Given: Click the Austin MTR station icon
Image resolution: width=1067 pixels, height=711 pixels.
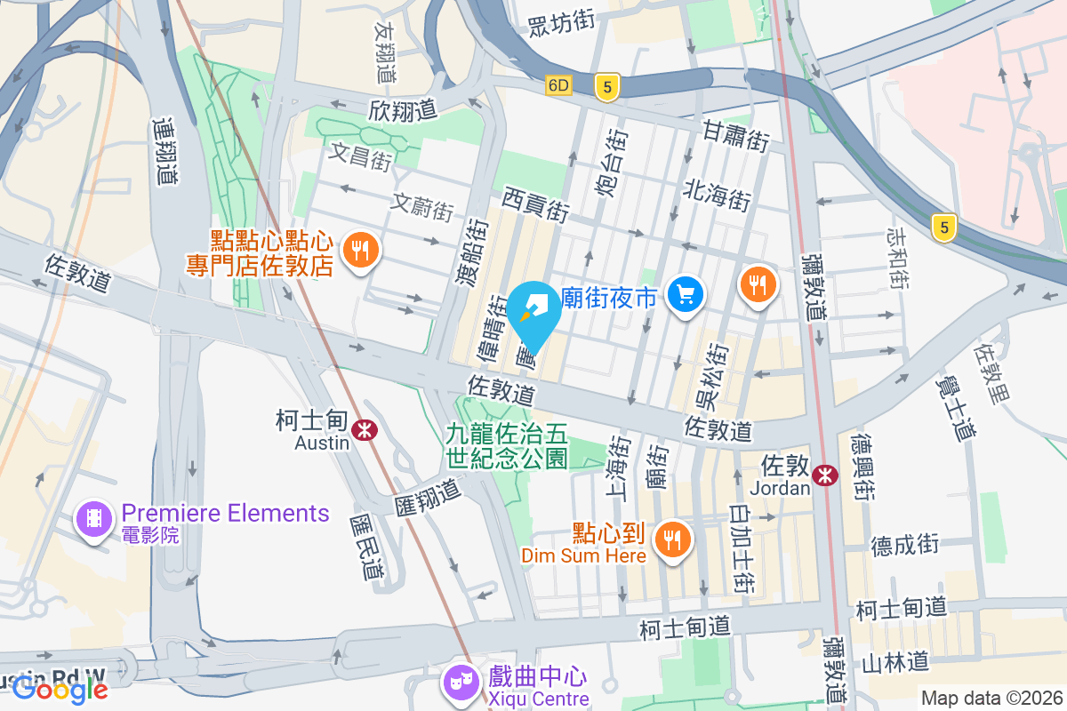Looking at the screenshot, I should coord(363,430).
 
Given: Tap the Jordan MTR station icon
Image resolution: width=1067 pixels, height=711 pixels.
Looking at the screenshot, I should coord(825,475).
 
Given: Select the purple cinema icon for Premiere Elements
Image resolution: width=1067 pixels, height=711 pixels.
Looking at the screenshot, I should coord(94,518).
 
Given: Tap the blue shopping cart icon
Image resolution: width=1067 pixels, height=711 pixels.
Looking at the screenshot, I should coord(685,294).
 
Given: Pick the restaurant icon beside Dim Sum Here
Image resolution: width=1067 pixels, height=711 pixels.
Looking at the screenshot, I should coord(672,539).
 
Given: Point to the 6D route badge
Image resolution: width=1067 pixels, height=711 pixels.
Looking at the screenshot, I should coord(558,85).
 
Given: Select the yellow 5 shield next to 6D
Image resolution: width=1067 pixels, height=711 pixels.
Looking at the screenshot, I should coord(607,86).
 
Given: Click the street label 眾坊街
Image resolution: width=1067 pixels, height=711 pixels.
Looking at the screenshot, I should coord(561,23).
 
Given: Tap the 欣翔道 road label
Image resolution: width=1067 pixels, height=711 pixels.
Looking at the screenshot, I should coord(403,110).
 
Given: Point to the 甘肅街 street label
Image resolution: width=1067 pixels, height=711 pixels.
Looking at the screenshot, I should coord(735,136).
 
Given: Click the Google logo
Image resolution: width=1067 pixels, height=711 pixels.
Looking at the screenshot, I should coord(60,688).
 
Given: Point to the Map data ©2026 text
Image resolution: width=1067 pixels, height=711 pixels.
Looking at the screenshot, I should coord(991,699).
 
